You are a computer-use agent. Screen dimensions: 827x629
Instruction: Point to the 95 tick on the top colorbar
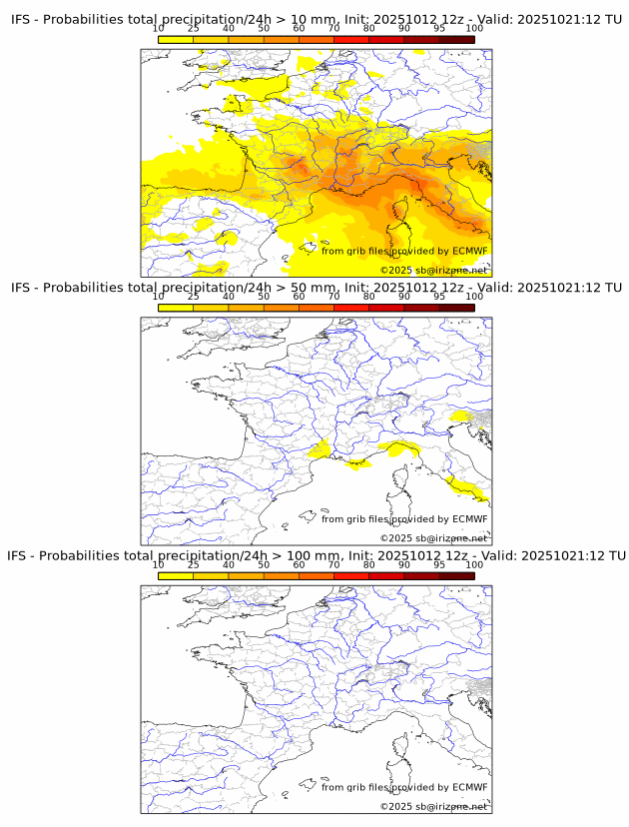439,28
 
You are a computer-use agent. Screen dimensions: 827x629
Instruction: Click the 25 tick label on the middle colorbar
194,297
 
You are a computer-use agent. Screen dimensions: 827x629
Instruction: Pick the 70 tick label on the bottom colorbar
334,564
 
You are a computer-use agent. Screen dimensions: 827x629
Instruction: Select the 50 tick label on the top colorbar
264,28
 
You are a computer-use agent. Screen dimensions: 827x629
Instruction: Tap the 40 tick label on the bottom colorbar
229,564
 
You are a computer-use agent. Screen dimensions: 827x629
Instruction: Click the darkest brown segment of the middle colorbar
456,308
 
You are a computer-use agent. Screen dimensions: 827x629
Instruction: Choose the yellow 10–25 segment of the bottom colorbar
176,576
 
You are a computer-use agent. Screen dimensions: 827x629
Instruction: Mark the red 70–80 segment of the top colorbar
351,39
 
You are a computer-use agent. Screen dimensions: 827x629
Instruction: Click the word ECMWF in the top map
470,251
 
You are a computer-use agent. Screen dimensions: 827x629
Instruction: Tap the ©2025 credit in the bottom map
396,806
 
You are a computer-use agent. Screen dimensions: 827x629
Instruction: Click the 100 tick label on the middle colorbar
474,297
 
